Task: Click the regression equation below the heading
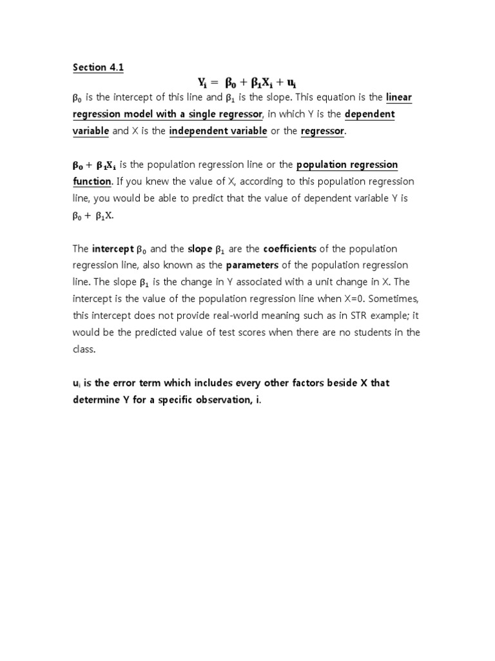click(x=247, y=82)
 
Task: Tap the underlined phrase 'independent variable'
click(x=218, y=131)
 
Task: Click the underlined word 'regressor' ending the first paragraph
click(x=323, y=131)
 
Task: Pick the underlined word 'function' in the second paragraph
click(x=92, y=181)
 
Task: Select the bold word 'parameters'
click(x=252, y=265)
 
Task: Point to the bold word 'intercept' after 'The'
click(x=113, y=249)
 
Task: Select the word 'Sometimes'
click(x=393, y=299)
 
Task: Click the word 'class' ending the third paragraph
click(x=84, y=349)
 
